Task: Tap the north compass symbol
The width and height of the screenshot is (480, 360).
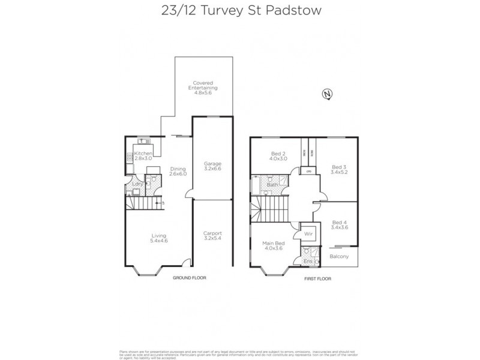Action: point(327,94)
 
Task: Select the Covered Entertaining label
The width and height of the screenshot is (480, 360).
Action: point(202,88)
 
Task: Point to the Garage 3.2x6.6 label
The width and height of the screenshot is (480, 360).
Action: point(213,166)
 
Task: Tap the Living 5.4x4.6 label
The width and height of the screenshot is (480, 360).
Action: point(158,238)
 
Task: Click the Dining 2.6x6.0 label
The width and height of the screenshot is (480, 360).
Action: point(178,171)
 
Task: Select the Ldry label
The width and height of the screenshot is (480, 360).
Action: point(137,184)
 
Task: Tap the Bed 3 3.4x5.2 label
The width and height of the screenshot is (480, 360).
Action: point(339,169)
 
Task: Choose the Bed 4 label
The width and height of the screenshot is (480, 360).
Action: point(339,224)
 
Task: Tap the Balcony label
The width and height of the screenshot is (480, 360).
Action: point(339,257)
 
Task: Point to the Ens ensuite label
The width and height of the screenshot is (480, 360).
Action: point(308,262)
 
